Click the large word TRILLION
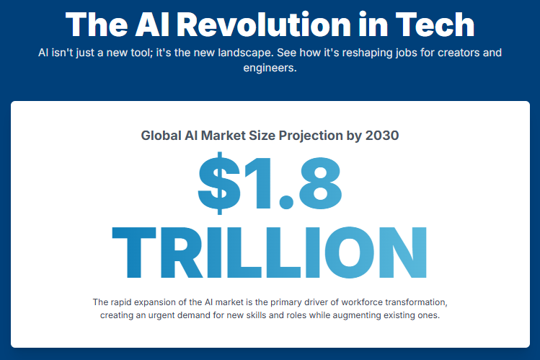(x=270, y=253)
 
